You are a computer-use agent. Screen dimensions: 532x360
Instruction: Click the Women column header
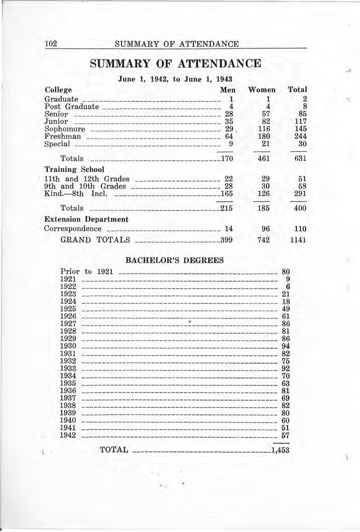tap(262, 89)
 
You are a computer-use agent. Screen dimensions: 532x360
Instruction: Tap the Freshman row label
tap(62, 136)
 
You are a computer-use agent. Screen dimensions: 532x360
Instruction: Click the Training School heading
tap(74, 169)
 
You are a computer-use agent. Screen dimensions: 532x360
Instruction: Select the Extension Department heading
tap(86, 219)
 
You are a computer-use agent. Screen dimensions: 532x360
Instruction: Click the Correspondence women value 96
tap(264, 229)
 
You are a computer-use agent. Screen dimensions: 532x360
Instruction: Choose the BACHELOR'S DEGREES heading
tap(175, 260)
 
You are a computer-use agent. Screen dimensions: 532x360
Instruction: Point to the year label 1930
tap(68, 346)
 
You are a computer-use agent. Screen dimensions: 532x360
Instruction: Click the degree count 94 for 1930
tap(286, 346)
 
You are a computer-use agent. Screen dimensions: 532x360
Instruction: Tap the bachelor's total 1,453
tap(280, 450)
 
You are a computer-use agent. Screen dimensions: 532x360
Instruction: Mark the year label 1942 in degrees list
tap(68, 435)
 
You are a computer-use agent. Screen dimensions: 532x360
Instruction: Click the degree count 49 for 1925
tap(286, 309)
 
